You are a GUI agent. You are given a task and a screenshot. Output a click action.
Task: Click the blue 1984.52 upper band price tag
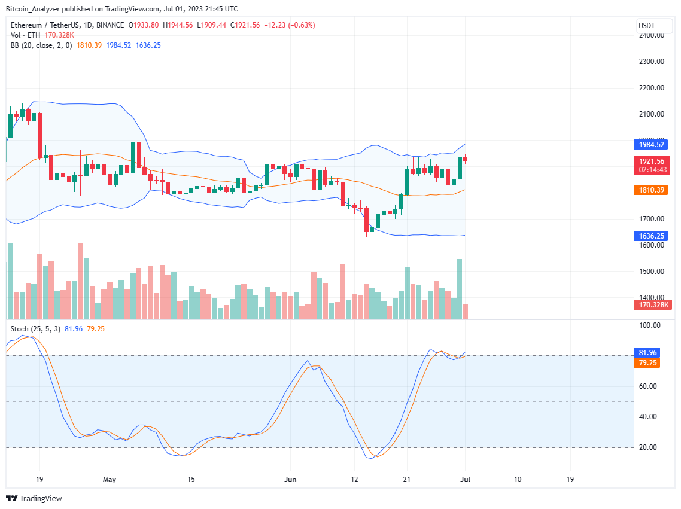650,144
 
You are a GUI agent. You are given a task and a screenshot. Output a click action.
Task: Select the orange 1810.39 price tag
650,190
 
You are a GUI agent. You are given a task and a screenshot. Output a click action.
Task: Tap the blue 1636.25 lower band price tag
650,236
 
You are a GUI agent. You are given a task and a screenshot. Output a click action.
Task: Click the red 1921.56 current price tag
650,161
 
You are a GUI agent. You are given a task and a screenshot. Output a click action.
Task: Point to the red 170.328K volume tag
650,305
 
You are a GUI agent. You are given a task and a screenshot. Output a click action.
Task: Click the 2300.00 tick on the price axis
651,61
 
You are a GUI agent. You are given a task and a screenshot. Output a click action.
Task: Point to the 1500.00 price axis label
651,271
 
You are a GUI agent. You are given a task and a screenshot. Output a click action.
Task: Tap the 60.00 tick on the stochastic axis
649,386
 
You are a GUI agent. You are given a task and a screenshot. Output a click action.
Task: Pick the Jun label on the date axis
290,479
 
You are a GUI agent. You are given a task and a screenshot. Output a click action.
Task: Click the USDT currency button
647,26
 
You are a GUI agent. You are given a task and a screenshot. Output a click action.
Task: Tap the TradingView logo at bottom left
34,498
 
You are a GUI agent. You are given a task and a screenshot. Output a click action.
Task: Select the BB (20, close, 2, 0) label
41,45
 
